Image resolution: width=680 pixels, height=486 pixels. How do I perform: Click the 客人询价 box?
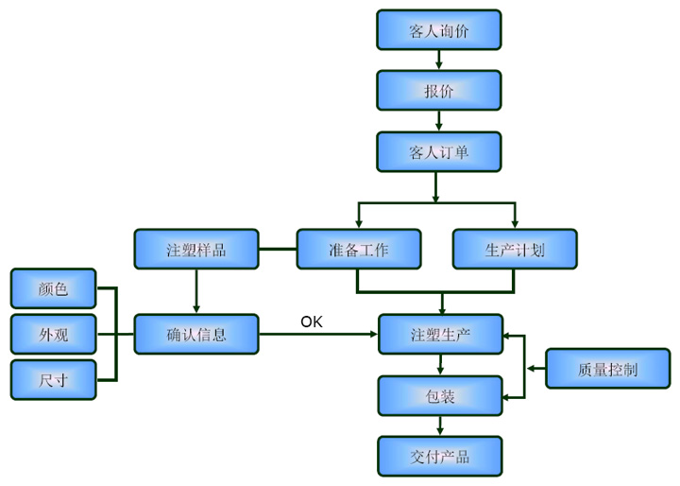pos(439,30)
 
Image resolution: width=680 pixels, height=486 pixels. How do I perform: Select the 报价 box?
pos(439,91)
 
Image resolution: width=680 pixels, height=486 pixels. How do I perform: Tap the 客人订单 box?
pos(439,152)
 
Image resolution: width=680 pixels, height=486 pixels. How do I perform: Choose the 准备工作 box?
pos(359,250)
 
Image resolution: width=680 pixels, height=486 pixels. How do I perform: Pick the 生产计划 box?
pos(515,250)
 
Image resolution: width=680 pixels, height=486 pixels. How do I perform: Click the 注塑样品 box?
pos(196,250)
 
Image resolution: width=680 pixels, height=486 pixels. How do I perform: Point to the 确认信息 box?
pos(196,334)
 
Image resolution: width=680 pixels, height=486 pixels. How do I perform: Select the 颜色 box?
pos(53,288)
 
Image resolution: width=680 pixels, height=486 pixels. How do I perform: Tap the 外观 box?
pos(53,334)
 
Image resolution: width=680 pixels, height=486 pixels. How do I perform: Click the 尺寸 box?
pos(53,380)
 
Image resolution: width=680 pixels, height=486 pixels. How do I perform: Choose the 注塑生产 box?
pos(441,334)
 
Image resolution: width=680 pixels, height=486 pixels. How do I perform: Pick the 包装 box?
pos(440,396)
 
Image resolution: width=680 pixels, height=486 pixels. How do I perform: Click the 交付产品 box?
pos(440,457)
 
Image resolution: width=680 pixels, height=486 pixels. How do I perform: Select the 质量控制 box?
pos(608,369)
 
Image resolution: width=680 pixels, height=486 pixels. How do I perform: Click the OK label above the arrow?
pos(312,321)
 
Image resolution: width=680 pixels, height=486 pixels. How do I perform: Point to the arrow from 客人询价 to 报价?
pos(439,60)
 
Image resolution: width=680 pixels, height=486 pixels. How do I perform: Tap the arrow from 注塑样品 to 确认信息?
pos(196,291)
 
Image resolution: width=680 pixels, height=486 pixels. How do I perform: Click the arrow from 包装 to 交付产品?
pos(440,426)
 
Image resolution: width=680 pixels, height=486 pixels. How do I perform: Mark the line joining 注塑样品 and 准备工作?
pos(278,250)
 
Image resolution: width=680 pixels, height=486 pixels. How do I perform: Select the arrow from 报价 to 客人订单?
pos(439,121)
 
